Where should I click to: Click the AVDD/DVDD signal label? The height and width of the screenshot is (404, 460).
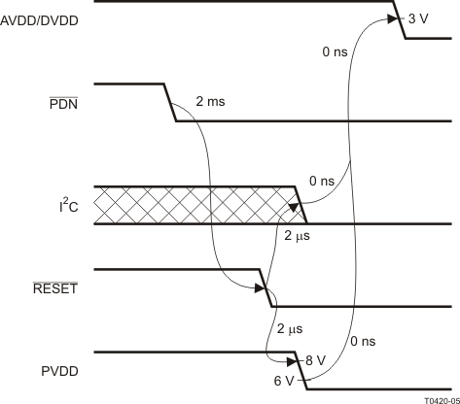point(39,20)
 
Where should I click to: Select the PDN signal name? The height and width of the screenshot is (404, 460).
point(63,104)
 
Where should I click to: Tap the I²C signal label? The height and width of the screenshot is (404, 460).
point(69,206)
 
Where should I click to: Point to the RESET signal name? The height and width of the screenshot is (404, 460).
point(55,287)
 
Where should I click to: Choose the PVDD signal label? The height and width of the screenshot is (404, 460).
point(59,371)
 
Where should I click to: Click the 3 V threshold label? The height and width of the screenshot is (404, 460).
point(418,19)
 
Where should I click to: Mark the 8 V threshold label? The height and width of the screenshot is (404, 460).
point(315,360)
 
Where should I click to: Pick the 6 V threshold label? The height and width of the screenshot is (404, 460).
point(284,381)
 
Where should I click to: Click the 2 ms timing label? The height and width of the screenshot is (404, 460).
point(210,102)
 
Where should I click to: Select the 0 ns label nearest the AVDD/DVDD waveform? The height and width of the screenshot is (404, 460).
point(335,51)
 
